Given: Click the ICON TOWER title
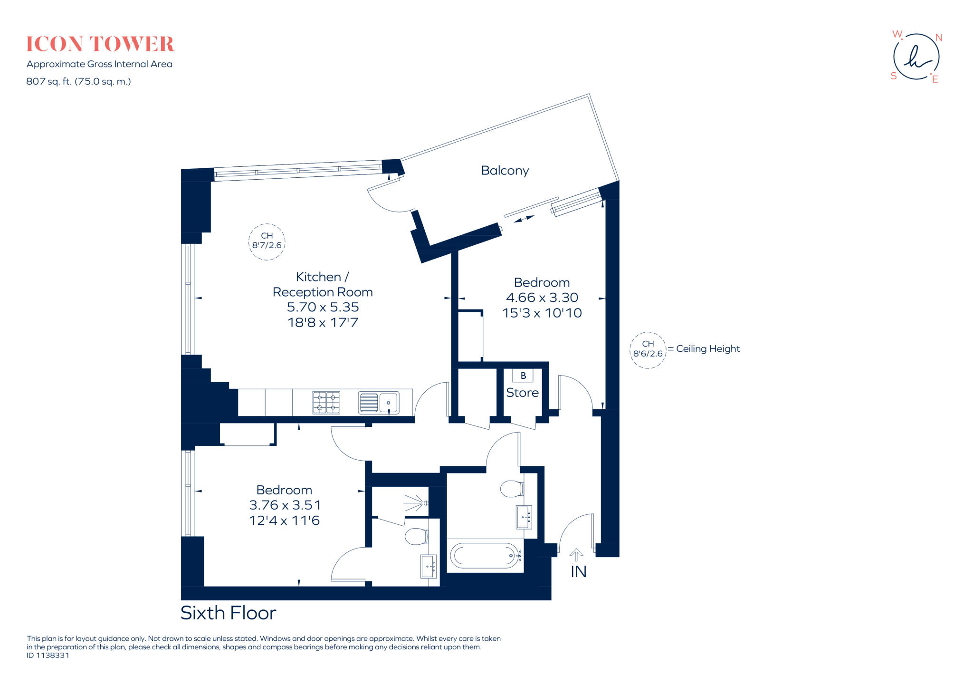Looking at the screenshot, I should (x=100, y=44).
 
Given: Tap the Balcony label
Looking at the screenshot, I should (x=505, y=171).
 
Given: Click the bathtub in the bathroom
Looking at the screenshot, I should (x=485, y=555).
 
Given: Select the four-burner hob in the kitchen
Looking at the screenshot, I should (x=326, y=402).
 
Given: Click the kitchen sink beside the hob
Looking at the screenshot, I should (x=379, y=403).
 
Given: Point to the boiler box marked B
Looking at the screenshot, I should (x=523, y=376).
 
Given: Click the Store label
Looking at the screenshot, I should (x=522, y=393).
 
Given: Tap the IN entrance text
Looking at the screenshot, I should (x=578, y=572).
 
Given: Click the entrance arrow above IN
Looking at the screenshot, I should (x=576, y=554).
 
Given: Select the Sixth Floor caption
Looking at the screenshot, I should (x=228, y=613).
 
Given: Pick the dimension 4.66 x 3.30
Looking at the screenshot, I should (x=542, y=298).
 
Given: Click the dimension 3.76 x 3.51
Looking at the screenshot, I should (x=285, y=505).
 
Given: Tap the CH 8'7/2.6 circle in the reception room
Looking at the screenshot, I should (x=267, y=241).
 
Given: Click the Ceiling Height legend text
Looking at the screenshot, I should (x=707, y=349).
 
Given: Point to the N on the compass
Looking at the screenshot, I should (x=938, y=38).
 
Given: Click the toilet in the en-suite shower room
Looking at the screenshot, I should (x=416, y=537).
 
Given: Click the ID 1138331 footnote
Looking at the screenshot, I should (x=48, y=655).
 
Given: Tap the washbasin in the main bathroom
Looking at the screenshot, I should (x=524, y=517).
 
